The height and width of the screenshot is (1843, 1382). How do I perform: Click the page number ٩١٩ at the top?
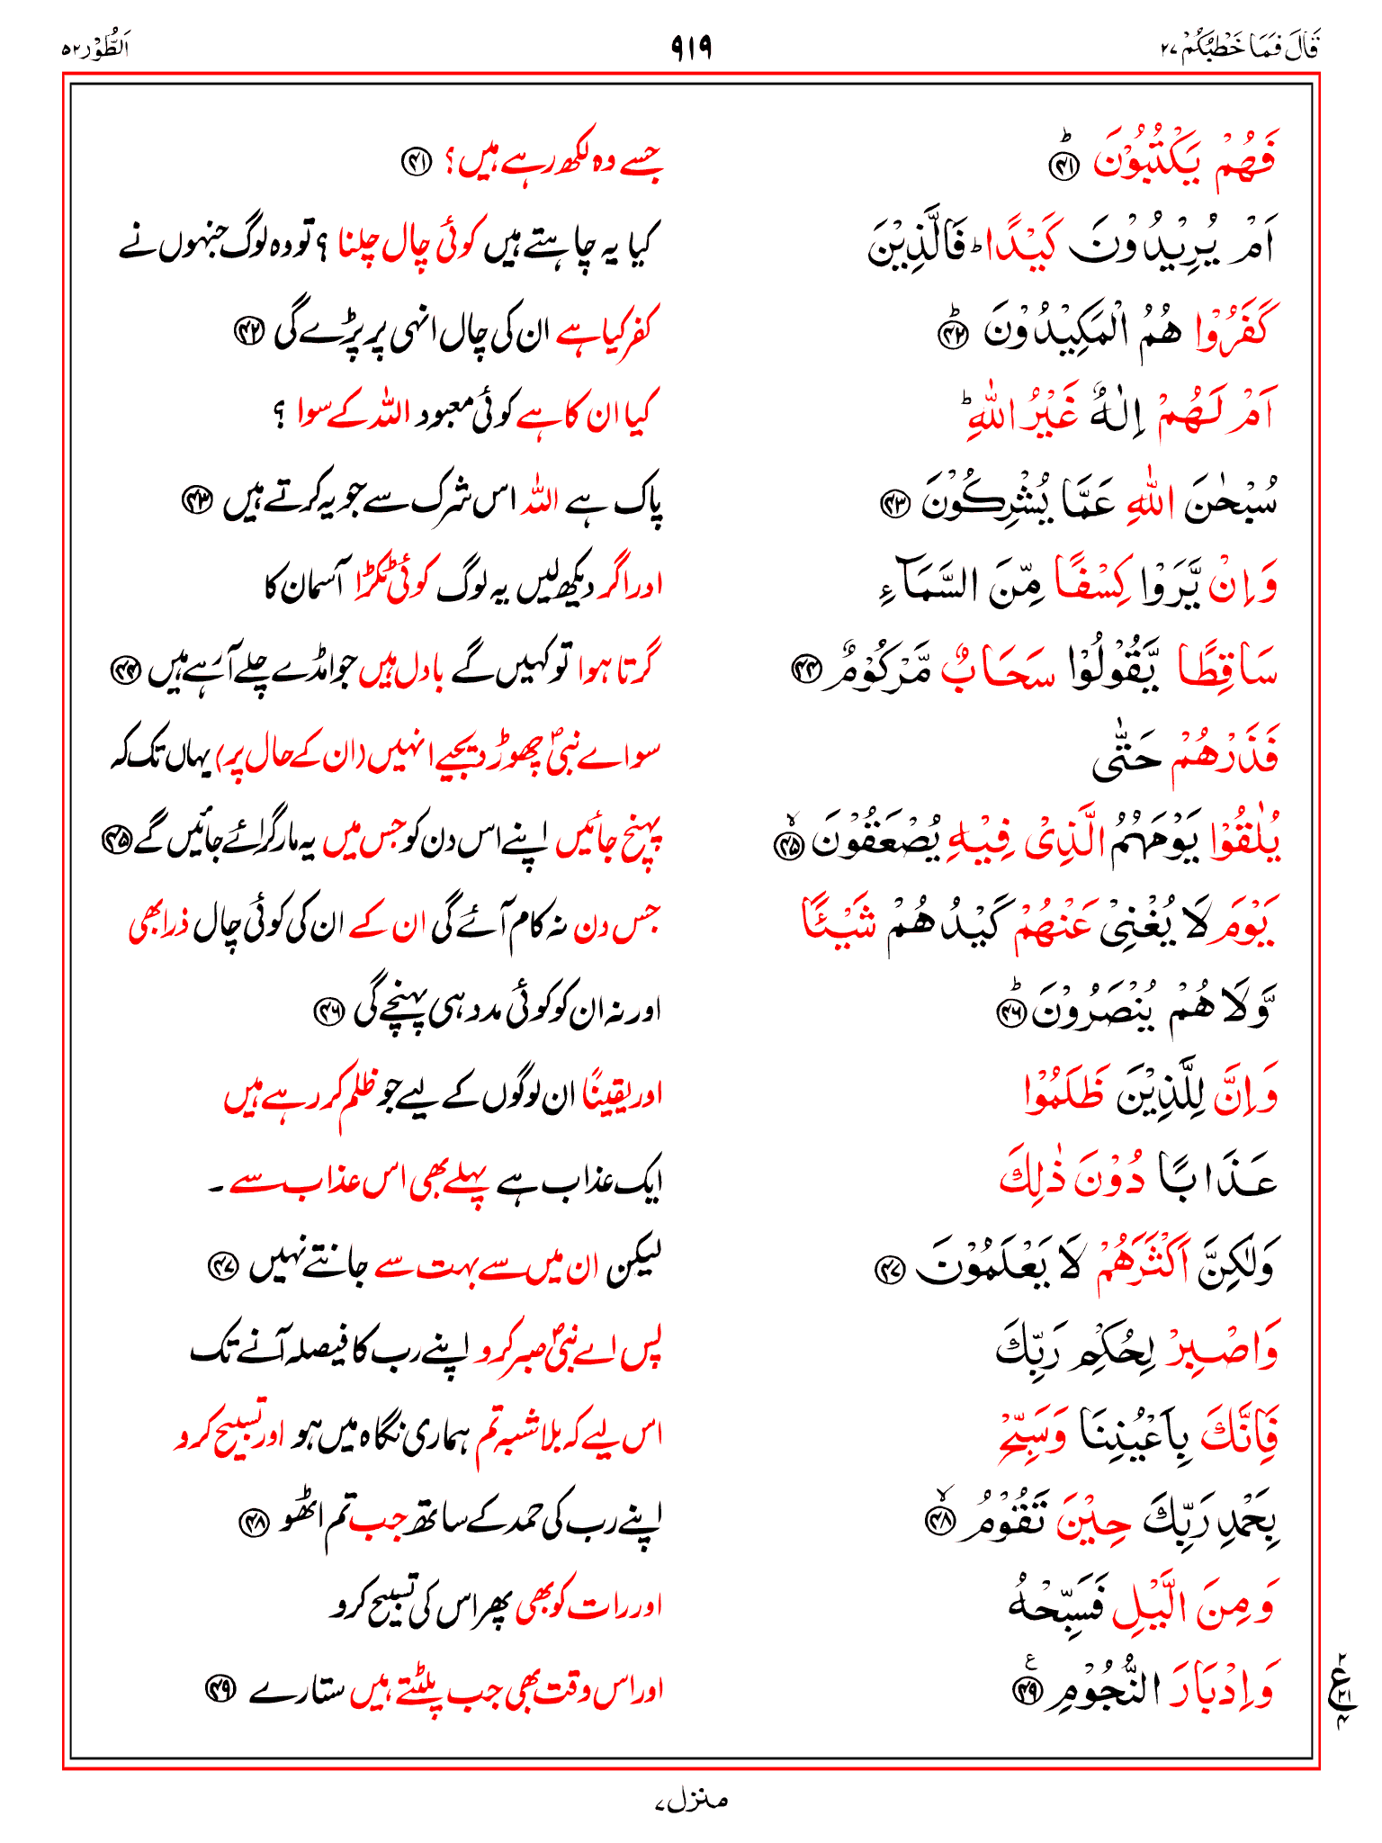tap(691, 46)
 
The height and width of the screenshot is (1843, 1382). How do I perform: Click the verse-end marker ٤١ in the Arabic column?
tap(1064, 166)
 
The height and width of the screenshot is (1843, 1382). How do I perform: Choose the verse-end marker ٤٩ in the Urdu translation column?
tap(218, 1689)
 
